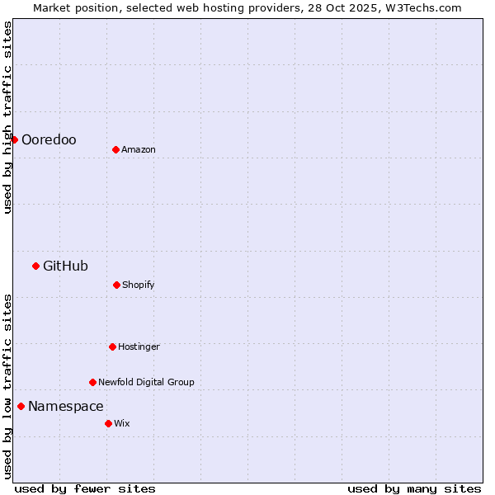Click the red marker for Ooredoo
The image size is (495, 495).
click(14, 139)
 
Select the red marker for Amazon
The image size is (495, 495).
click(115, 149)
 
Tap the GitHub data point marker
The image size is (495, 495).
click(35, 266)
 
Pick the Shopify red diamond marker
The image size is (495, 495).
click(116, 285)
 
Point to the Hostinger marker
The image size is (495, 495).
click(112, 346)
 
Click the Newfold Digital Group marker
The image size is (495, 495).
click(92, 382)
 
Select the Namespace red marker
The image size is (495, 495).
click(21, 406)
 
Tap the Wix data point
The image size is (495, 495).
click(108, 423)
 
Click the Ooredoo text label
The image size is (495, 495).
click(49, 140)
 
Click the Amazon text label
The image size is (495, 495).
click(139, 150)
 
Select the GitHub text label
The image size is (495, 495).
click(65, 266)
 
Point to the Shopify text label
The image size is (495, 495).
click(139, 285)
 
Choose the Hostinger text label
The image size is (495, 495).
click(139, 347)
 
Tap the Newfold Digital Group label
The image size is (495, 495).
click(146, 383)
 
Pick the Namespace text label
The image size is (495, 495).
click(66, 407)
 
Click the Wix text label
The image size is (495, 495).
click(122, 424)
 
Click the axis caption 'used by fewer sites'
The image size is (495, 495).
click(85, 489)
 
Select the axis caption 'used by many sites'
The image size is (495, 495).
click(414, 489)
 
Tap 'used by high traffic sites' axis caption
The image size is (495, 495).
click(8, 117)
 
